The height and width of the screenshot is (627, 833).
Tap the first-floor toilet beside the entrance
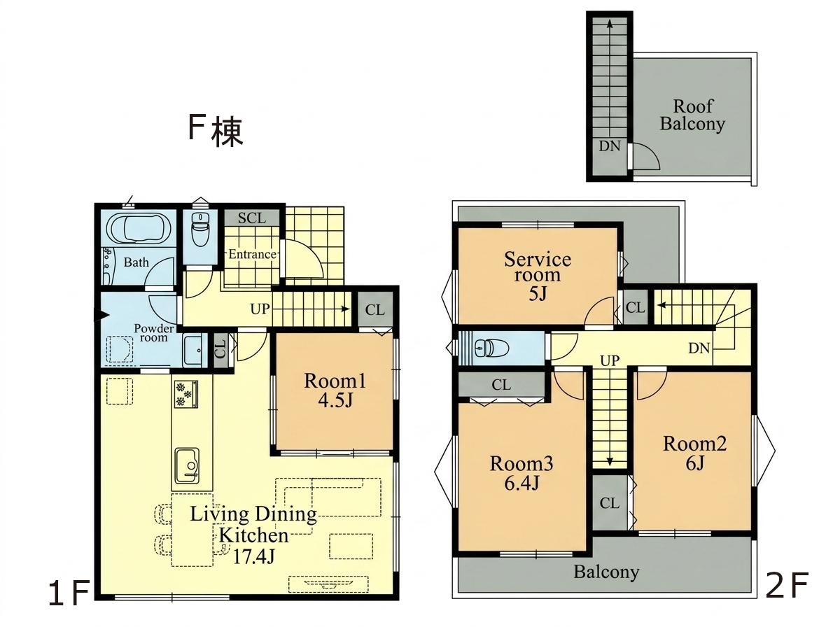tap(200, 230)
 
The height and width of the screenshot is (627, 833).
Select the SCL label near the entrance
tap(251, 218)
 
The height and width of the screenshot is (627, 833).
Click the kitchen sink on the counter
tap(186, 465)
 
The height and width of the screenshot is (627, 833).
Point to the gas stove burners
tap(185, 393)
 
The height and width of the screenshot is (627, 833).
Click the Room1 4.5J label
tap(335, 390)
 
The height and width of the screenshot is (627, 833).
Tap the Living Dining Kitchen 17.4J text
tap(254, 534)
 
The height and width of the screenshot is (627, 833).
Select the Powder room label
tap(153, 333)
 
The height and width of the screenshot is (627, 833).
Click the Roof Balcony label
tap(693, 115)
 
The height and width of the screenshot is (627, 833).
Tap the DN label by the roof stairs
tap(609, 146)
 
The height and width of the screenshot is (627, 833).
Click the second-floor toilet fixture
tap(490, 348)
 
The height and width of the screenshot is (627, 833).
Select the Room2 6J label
tap(694, 453)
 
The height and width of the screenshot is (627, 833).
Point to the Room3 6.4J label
tap(521, 472)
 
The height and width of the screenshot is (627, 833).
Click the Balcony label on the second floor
tap(606, 572)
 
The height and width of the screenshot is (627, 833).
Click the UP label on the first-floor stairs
tap(260, 309)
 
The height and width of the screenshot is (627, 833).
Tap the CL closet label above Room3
tap(501, 384)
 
